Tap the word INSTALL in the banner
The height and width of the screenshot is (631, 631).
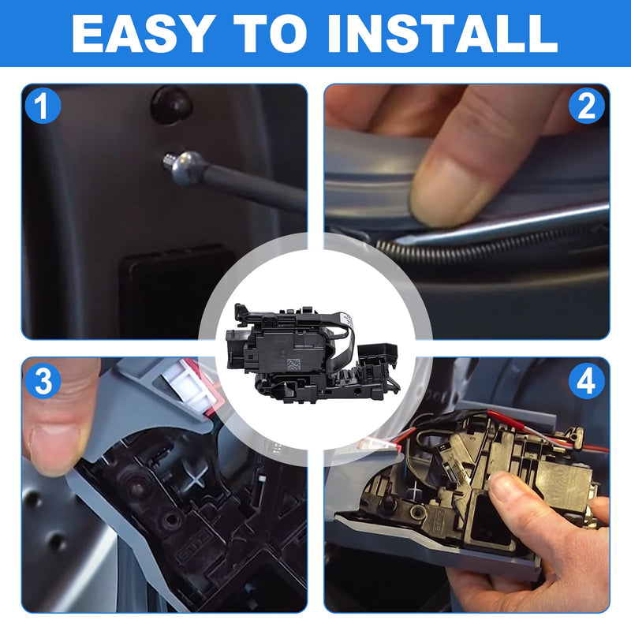pos(442,35)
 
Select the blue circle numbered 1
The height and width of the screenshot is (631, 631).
pos(43,106)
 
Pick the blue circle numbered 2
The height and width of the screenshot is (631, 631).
pos(586,106)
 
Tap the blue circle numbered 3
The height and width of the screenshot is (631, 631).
pos(43,381)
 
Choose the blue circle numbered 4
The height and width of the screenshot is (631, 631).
pos(586,381)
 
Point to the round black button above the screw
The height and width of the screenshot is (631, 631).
pos(171,104)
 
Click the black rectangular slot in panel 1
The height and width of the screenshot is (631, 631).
pos(177,289)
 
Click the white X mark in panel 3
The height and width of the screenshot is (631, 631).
pos(196,479)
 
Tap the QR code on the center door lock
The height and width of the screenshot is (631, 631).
pos(293,365)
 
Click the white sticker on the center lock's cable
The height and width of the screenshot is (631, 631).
pos(347,321)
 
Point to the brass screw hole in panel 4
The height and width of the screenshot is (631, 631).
pos(417,511)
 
